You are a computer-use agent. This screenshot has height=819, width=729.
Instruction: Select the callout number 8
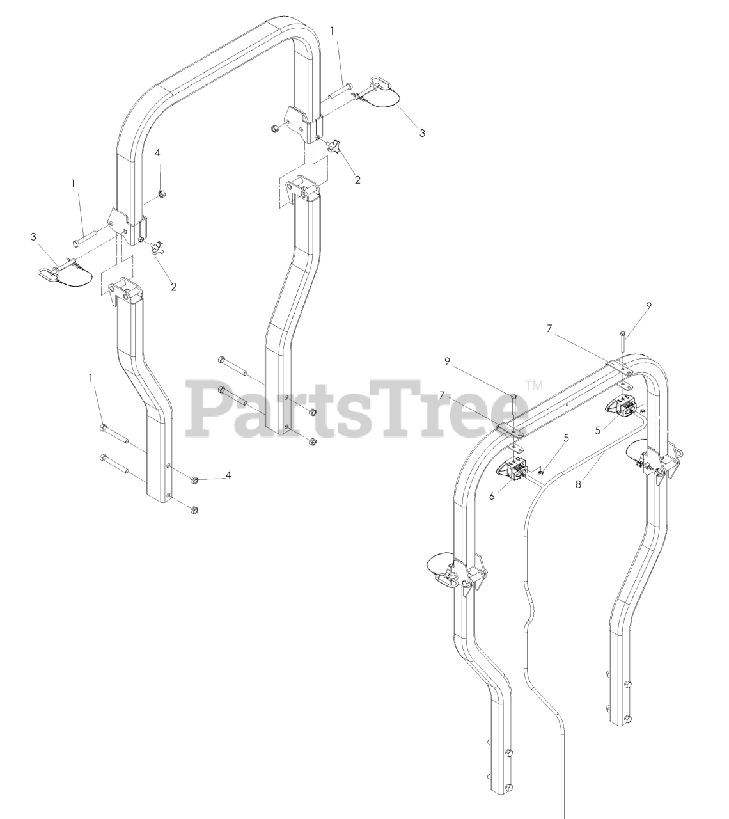578,485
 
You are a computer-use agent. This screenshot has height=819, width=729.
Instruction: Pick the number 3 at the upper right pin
422,133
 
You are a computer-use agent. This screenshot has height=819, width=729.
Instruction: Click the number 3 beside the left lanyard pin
33,237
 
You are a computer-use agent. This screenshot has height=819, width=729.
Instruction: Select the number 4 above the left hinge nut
158,153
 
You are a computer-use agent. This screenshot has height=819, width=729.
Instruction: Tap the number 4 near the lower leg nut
228,475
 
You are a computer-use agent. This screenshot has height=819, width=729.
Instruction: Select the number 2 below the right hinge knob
357,180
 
